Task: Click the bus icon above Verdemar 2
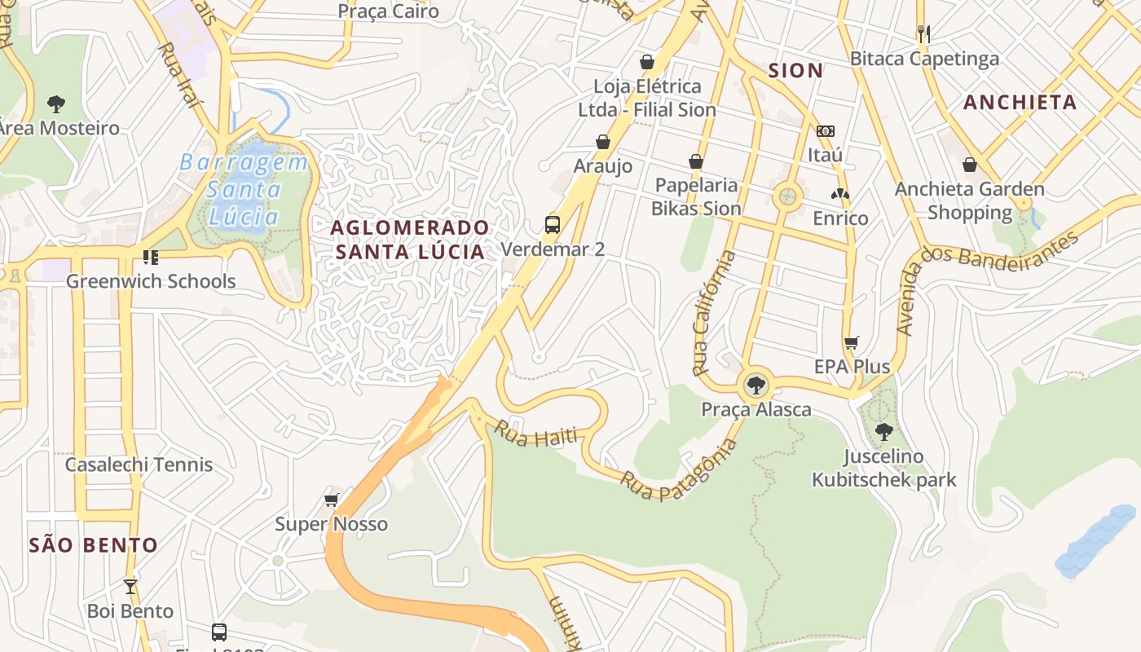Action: (x=553, y=225)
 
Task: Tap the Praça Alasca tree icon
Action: (x=756, y=385)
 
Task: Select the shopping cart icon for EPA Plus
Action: (x=852, y=343)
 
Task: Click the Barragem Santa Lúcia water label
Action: (x=244, y=190)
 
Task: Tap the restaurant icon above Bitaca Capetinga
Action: (x=923, y=33)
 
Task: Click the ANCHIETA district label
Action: (x=1020, y=103)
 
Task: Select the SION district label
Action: (x=795, y=71)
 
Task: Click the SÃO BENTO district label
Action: (x=94, y=545)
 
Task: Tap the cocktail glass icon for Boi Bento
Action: (x=130, y=586)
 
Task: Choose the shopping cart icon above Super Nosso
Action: (x=331, y=500)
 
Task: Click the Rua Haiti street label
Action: (x=535, y=434)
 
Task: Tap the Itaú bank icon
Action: (x=826, y=131)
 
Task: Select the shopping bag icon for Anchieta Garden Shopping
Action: (x=970, y=165)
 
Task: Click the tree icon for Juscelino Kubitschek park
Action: (x=883, y=432)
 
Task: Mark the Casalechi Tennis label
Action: (x=139, y=465)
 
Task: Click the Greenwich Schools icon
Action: (x=150, y=258)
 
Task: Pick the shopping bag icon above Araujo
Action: (x=603, y=143)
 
